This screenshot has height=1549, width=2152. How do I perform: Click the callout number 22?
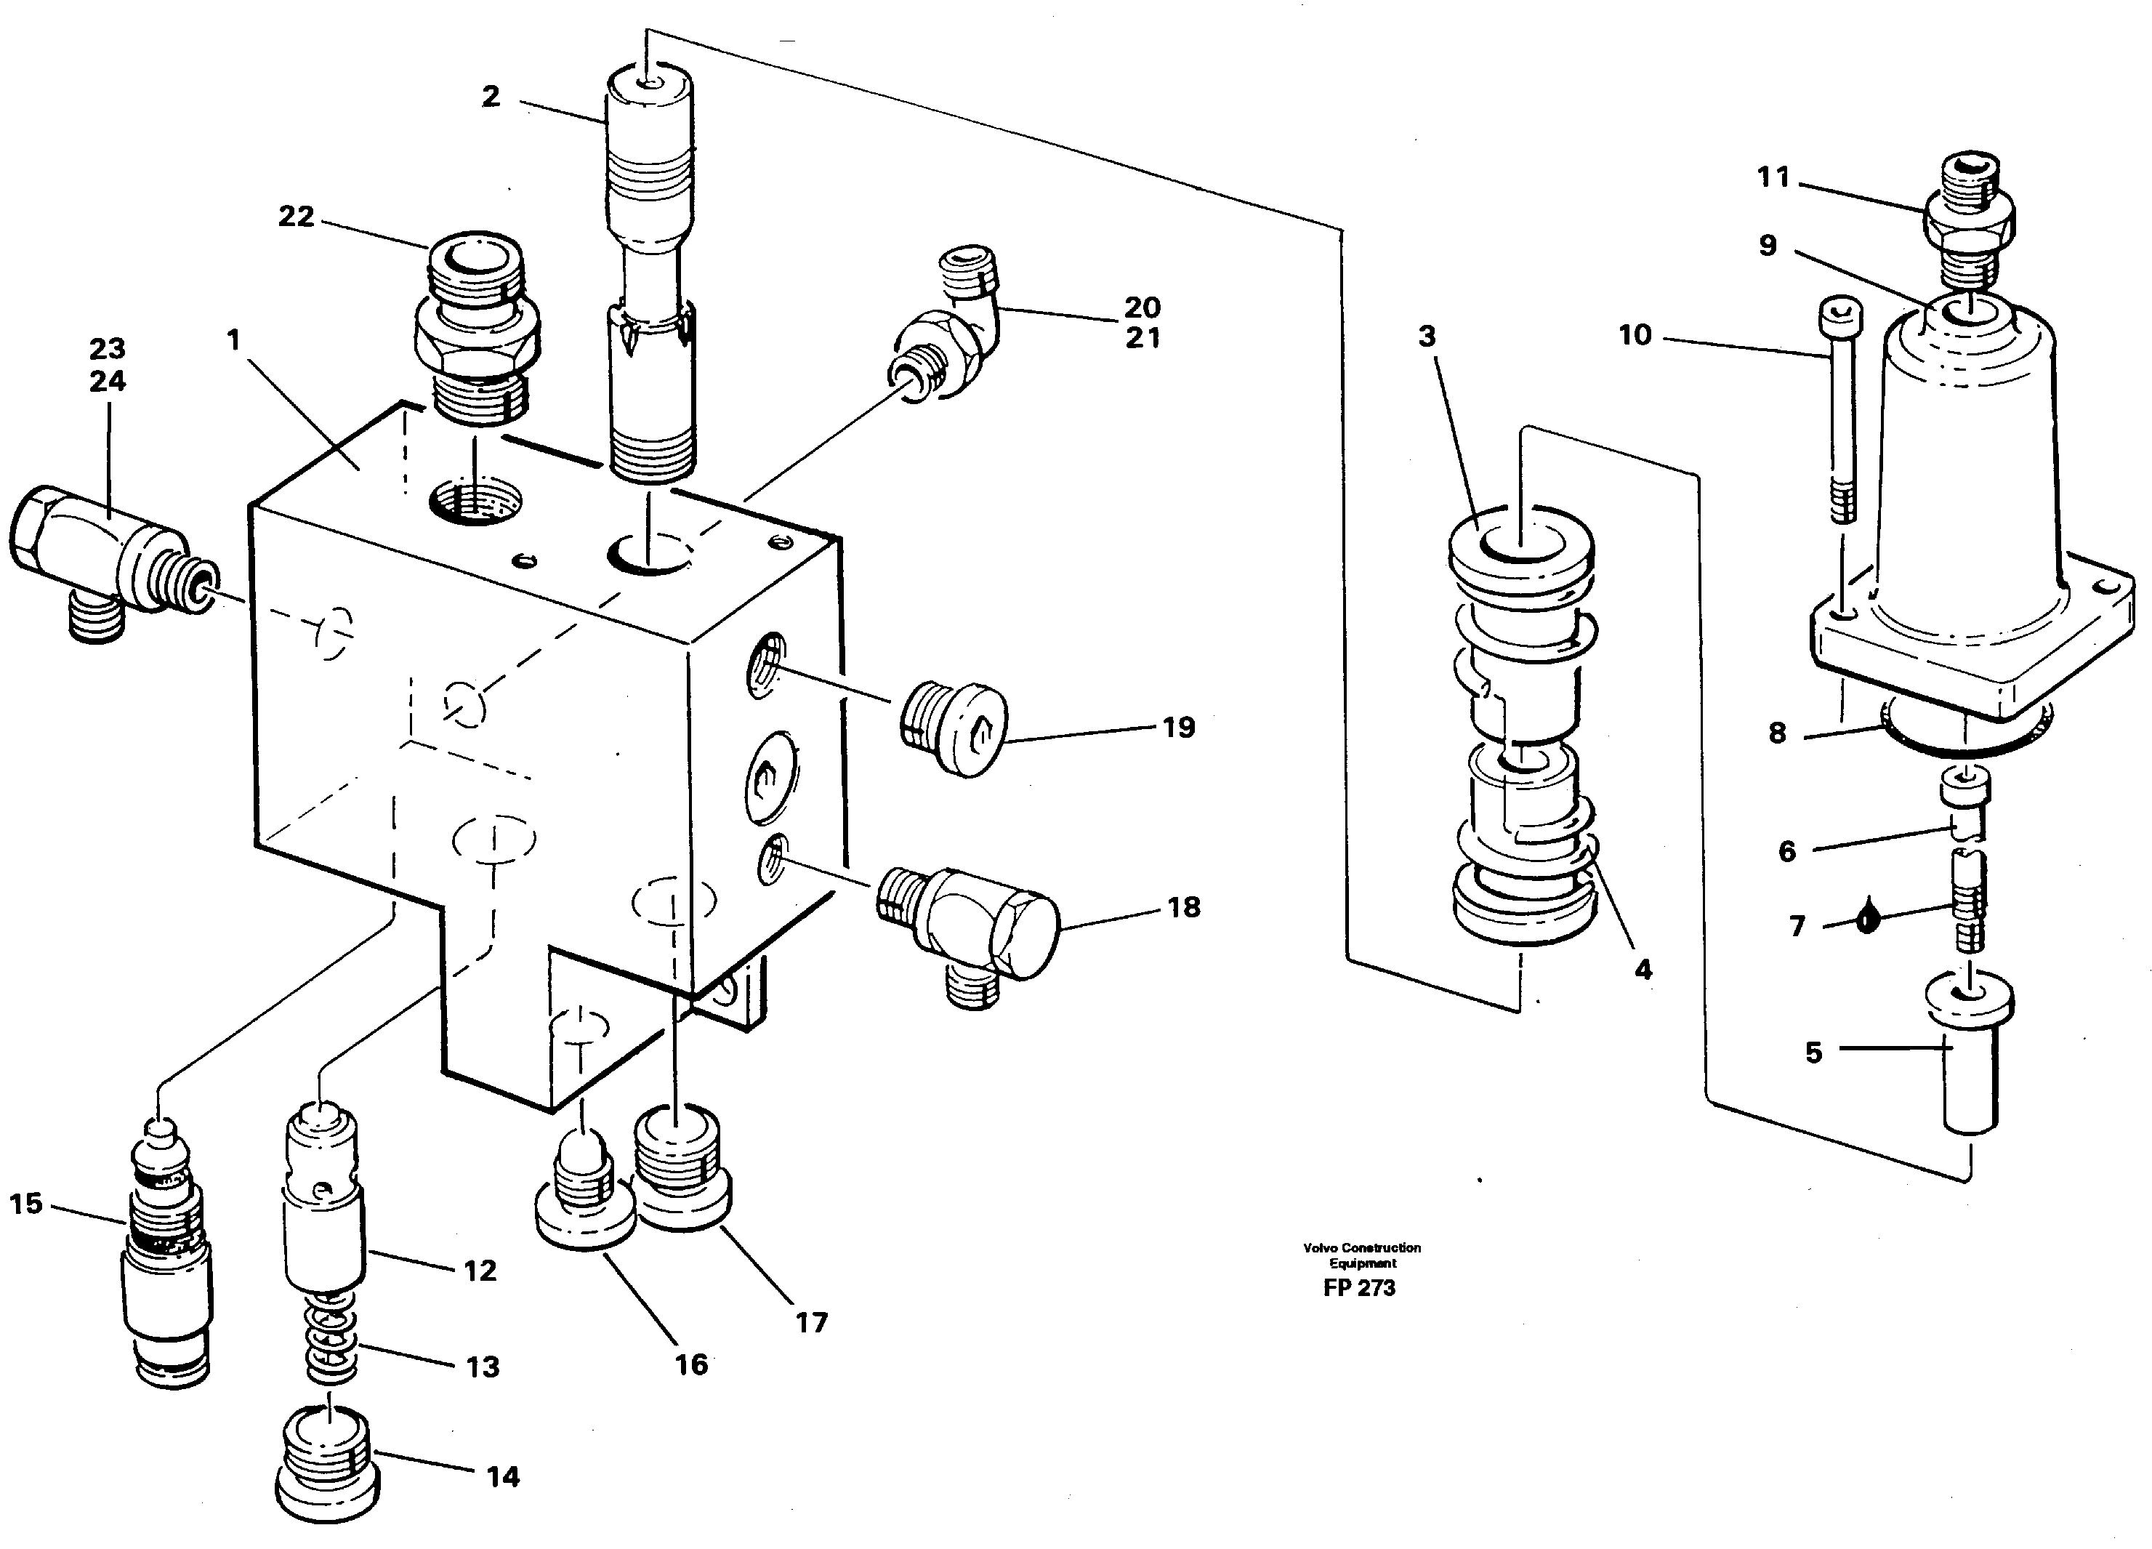295,217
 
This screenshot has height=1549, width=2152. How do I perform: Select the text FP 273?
1359,1288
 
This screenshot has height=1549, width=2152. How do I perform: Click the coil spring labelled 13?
331,1339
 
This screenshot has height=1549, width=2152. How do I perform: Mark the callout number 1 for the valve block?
234,339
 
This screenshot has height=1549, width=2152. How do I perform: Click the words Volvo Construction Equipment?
1361,1255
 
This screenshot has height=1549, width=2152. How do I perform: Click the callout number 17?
811,1322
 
